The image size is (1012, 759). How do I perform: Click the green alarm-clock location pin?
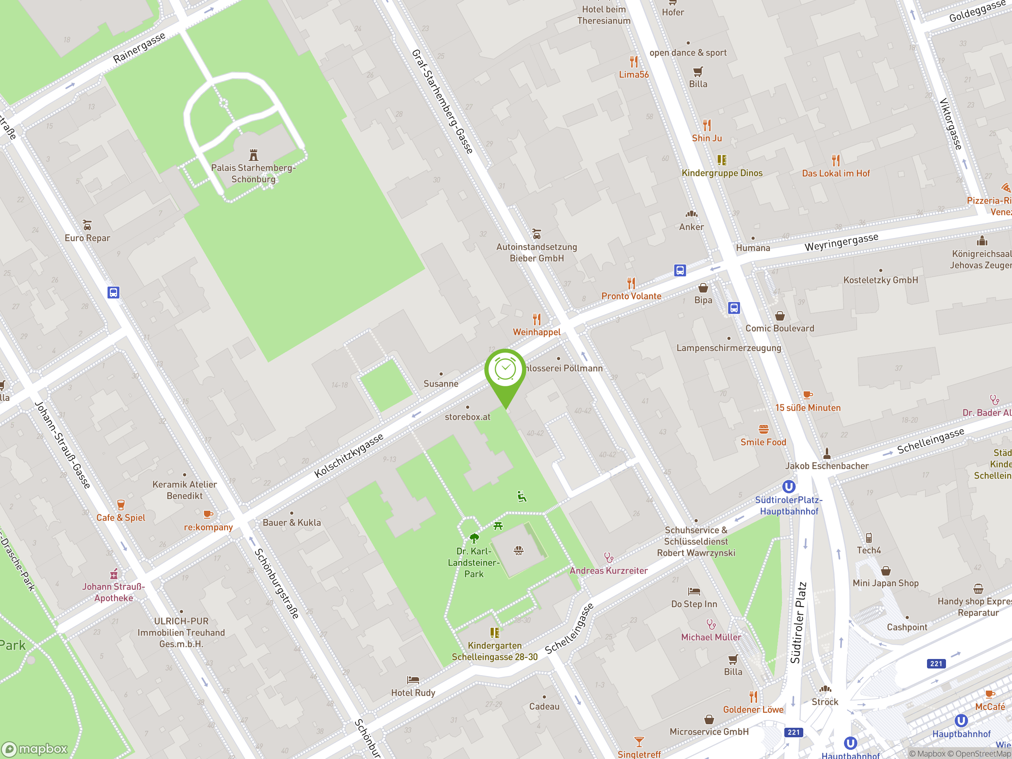click(505, 370)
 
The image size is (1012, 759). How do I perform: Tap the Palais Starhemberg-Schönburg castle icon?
click(253, 155)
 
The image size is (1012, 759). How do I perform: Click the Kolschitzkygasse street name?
click(349, 456)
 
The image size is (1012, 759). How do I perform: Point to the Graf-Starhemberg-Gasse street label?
click(442, 102)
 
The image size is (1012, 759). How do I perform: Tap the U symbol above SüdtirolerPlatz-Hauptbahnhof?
click(789, 486)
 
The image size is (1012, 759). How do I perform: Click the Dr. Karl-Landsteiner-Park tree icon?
click(474, 538)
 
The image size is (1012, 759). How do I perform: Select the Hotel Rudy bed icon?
click(413, 680)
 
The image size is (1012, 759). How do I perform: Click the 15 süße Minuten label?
click(808, 408)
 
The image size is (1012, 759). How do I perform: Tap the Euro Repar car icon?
click(87, 225)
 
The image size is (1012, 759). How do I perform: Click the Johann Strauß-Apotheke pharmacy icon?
click(114, 574)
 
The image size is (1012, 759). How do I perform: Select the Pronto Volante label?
click(631, 296)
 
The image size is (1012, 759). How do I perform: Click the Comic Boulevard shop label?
click(780, 329)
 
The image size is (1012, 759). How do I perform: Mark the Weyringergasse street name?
click(841, 242)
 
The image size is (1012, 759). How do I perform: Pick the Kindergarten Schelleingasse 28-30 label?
click(495, 651)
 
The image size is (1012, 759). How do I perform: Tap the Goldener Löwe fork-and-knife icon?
click(753, 697)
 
